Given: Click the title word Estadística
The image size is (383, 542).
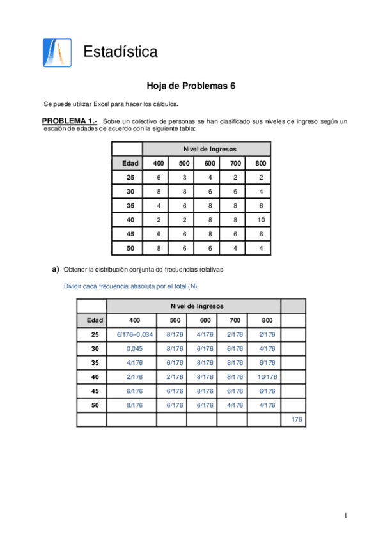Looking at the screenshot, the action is click(x=120, y=52).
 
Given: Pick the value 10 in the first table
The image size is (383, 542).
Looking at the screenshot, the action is click(x=260, y=219).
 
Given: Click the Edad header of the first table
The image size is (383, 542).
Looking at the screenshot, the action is click(x=130, y=163).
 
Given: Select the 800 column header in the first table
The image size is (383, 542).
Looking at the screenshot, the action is click(x=260, y=163).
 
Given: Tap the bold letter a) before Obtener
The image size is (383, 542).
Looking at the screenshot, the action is click(x=56, y=270).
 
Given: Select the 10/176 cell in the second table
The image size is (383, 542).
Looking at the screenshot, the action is click(x=267, y=377).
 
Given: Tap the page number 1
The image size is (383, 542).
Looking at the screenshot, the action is click(x=345, y=515).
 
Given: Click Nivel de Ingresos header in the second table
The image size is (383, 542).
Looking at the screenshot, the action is click(x=196, y=306).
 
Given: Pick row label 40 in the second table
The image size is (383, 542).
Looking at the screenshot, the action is click(x=95, y=377).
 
